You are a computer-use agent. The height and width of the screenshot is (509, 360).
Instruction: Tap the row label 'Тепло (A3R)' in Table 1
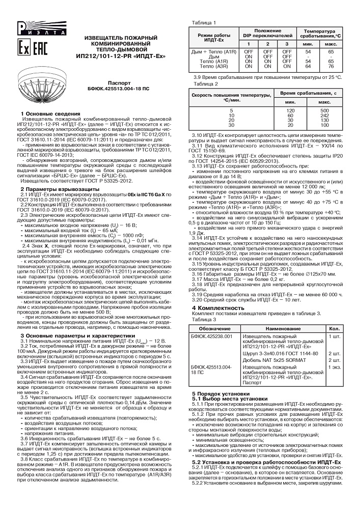pos(214,66)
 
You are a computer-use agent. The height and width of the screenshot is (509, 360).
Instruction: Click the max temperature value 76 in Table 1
pos(331,66)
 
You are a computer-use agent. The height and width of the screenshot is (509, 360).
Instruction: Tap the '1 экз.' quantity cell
pos(336,367)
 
